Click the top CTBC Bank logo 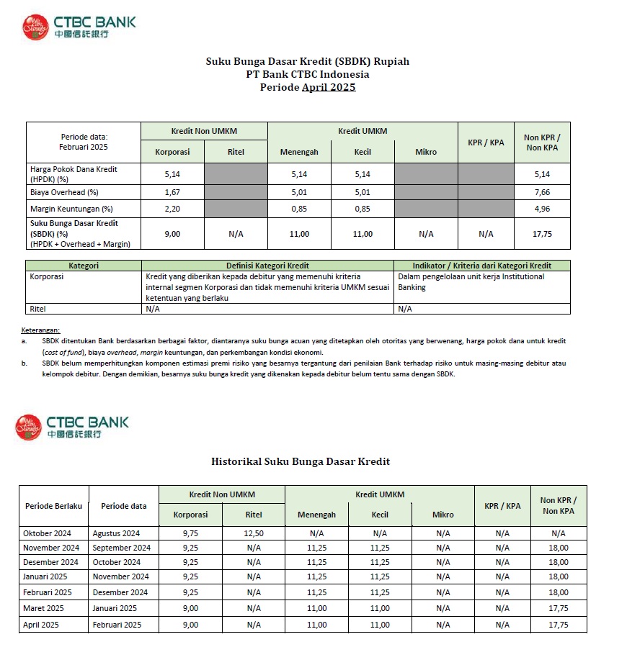click(x=78, y=26)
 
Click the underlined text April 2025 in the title click(x=329, y=87)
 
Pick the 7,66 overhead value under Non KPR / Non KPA click(x=542, y=192)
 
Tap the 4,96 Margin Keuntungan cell click(x=542, y=209)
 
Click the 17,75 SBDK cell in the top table click(x=542, y=234)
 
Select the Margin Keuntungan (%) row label click(x=71, y=209)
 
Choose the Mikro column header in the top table click(x=426, y=152)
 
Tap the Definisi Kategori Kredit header click(x=267, y=266)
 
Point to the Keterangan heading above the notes click(x=40, y=330)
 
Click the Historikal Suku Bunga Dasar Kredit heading click(x=301, y=461)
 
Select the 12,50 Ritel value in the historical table click(x=254, y=533)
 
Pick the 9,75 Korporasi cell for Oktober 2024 click(x=190, y=533)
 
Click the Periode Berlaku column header click(x=53, y=506)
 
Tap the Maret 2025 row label click(x=41, y=608)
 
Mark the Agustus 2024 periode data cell click(x=116, y=533)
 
